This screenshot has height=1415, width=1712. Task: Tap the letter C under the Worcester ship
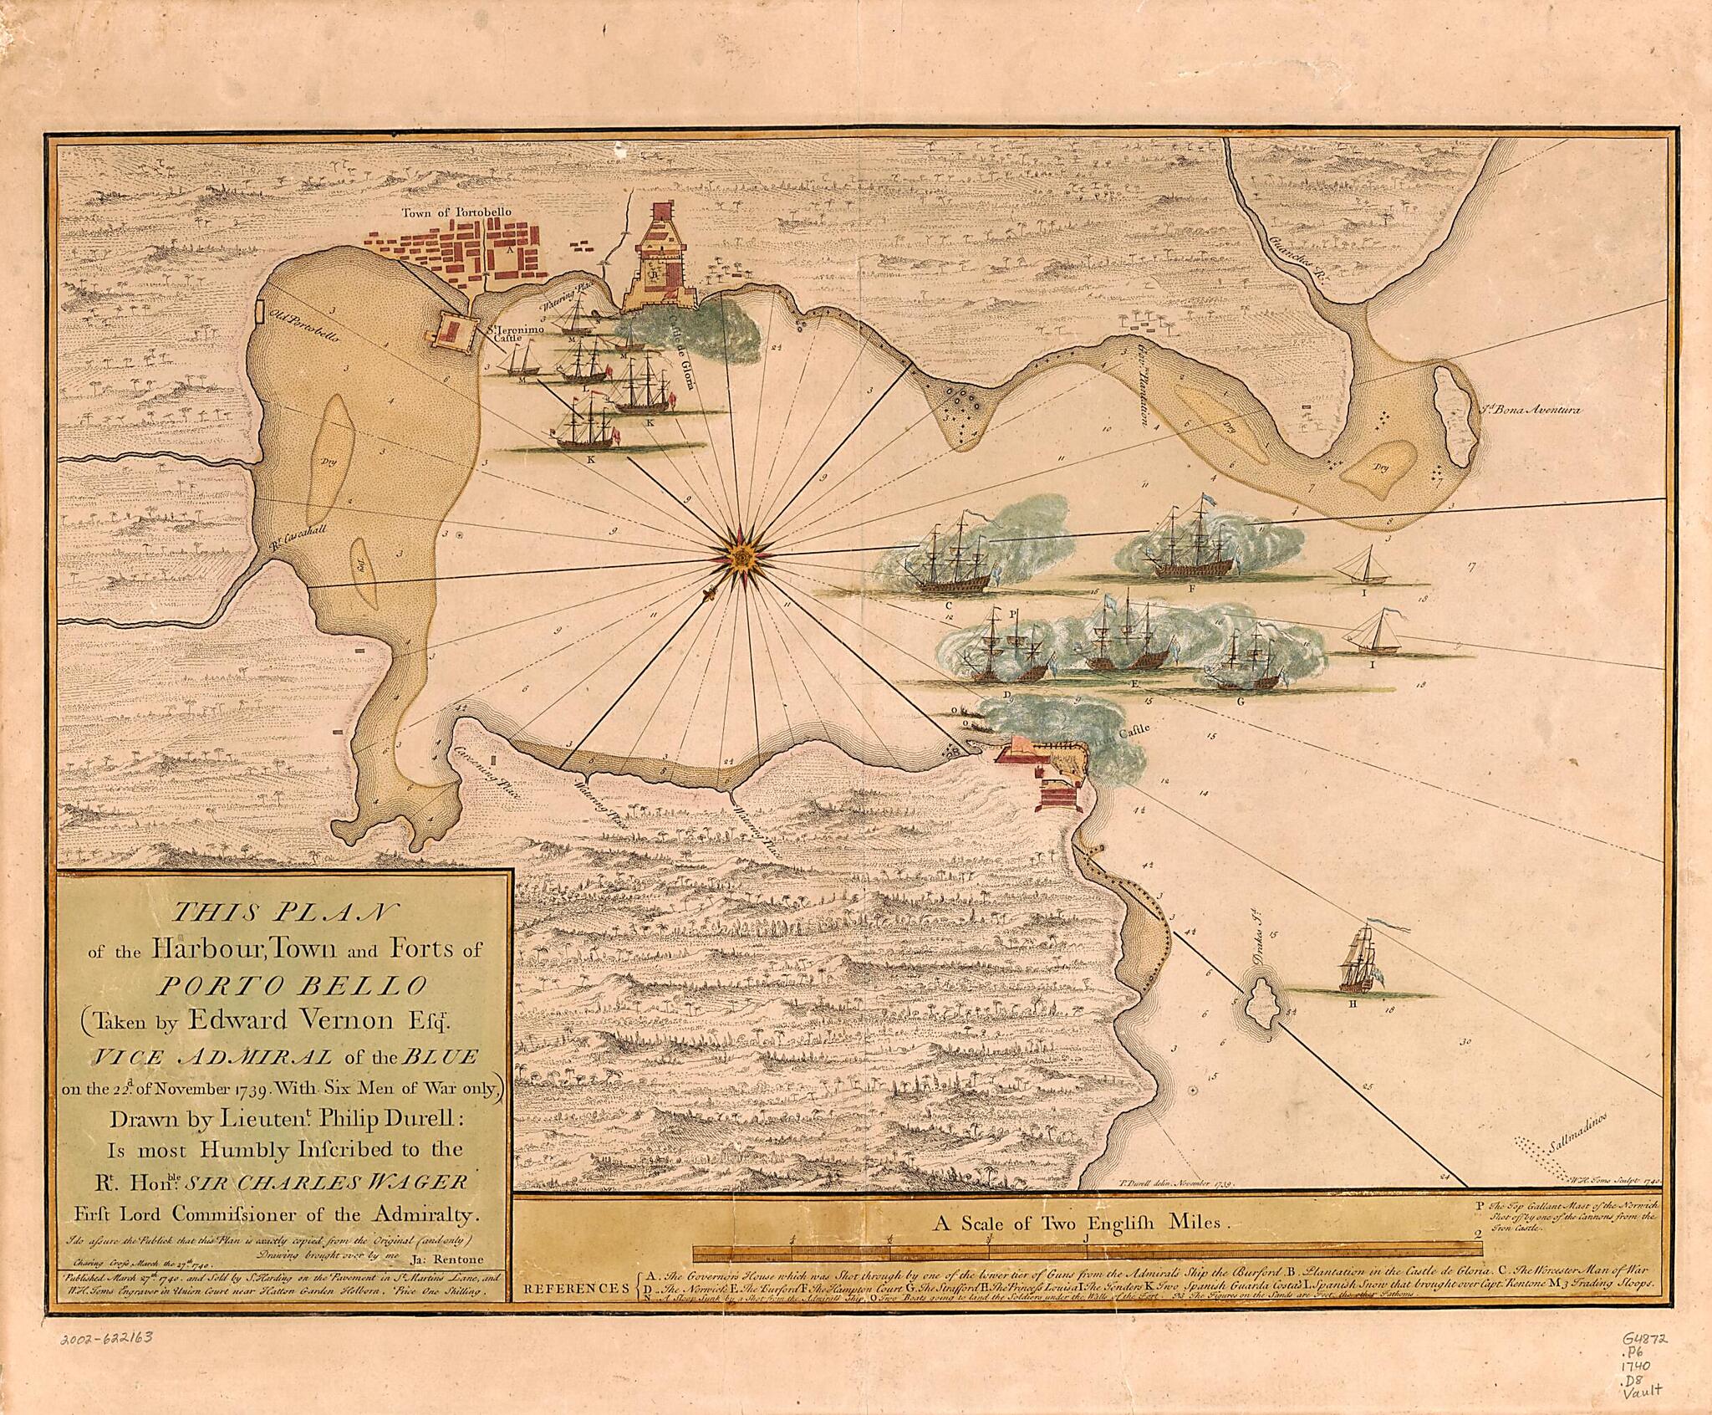949,605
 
